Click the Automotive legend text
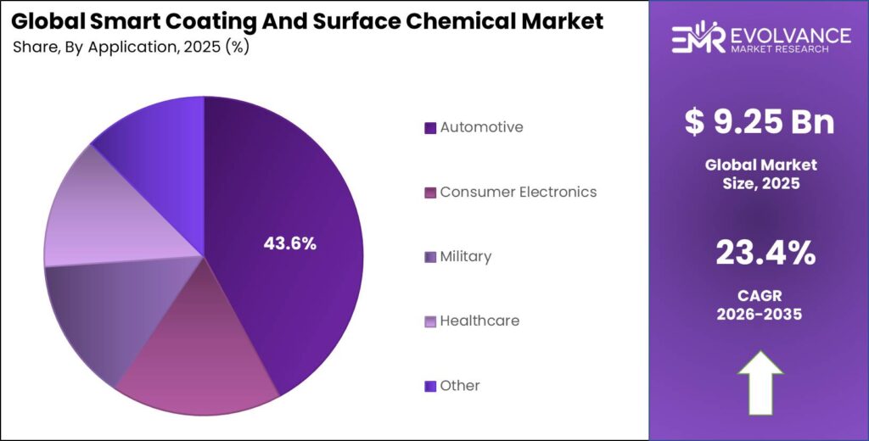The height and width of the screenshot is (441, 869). click(x=481, y=127)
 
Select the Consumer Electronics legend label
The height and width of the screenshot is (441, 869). click(x=518, y=192)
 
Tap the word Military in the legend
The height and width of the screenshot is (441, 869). click(x=465, y=256)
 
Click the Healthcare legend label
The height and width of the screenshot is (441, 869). click(x=479, y=321)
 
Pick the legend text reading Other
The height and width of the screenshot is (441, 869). click(x=459, y=385)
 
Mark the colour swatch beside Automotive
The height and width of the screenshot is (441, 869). click(x=430, y=128)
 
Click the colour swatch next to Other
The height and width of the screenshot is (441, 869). click(x=430, y=386)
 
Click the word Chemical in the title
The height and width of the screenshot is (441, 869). click(x=477, y=21)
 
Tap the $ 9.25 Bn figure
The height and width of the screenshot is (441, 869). click(x=760, y=123)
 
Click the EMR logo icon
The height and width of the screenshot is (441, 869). click(x=698, y=37)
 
